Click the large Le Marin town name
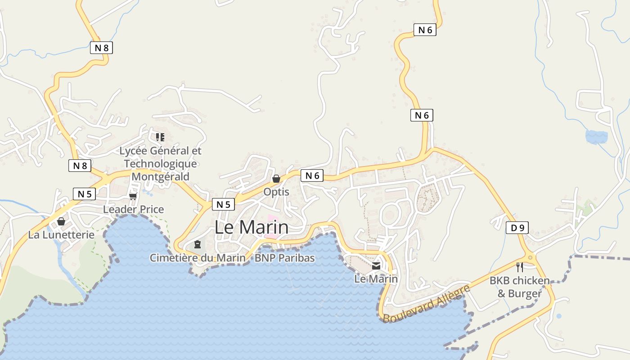(251, 227)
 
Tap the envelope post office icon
(376, 266)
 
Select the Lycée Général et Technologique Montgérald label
(160, 163)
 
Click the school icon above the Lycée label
(160, 137)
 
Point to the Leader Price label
(134, 209)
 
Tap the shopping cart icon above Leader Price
(133, 196)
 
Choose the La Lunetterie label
(61, 235)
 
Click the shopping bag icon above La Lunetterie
(61, 221)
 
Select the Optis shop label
(276, 192)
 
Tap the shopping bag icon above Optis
(276, 179)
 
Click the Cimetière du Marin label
(198, 258)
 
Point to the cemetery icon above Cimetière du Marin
(197, 244)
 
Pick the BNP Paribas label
(285, 258)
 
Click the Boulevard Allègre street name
(426, 303)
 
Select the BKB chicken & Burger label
(520, 287)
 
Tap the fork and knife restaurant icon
(520, 267)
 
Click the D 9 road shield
(517, 228)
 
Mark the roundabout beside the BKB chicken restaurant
(531, 258)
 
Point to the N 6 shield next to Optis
(312, 176)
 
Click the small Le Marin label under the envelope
(376, 279)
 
